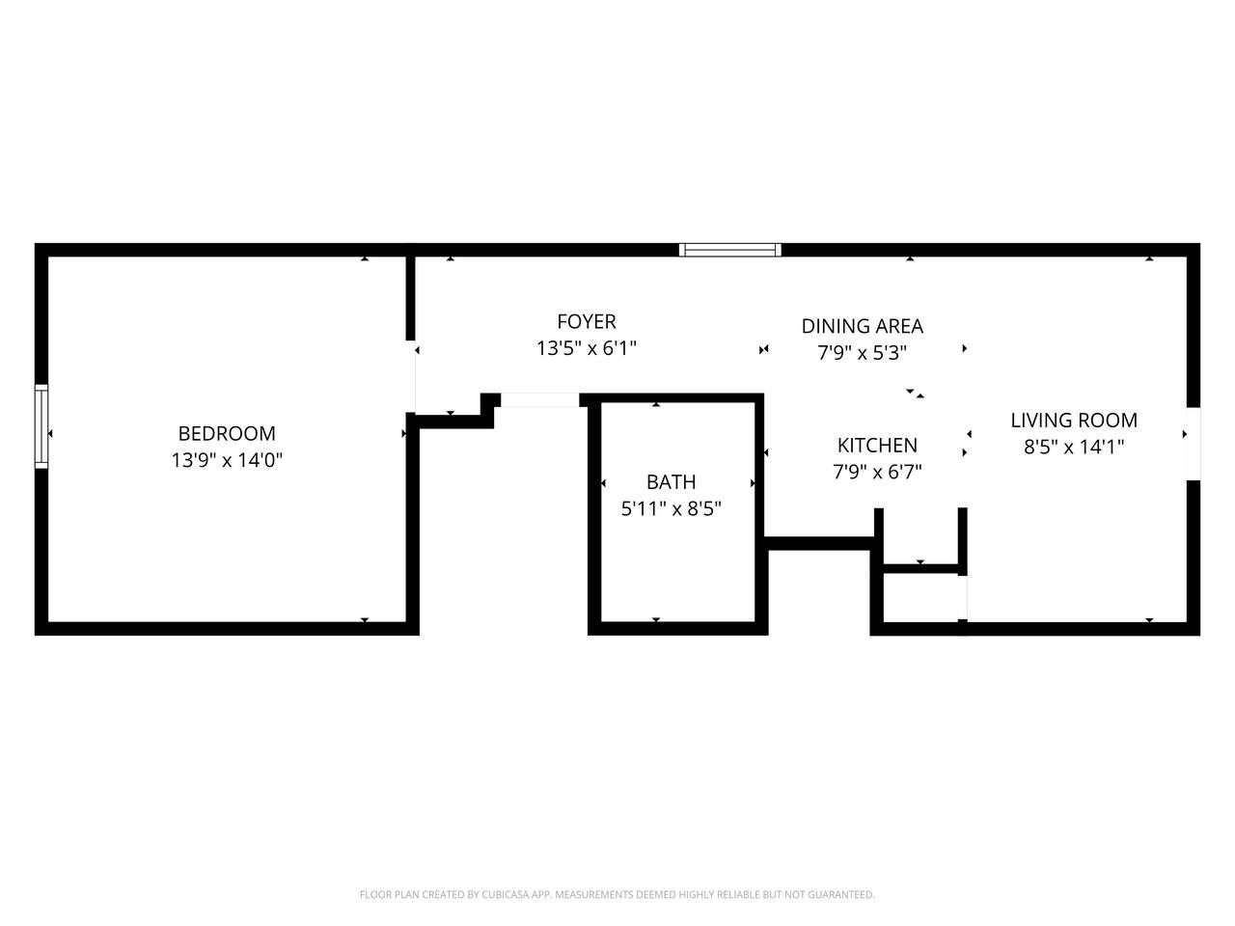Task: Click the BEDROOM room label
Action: coord(227,434)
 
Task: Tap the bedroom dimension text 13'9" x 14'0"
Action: coord(227,461)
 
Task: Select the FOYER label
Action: coord(586,322)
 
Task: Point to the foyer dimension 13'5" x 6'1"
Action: coord(586,348)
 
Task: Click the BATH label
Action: coord(671,482)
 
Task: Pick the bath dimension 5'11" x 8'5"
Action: coord(671,508)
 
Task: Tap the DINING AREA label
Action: coord(862,327)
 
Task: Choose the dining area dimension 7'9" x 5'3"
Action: coord(862,353)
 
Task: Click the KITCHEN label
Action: coord(877,446)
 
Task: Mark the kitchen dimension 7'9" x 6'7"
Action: coord(877,472)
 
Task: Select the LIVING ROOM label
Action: coord(1074,421)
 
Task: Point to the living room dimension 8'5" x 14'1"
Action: coord(1074,447)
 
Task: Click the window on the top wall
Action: coord(729,250)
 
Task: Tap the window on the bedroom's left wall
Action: coord(41,425)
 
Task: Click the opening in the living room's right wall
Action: coord(1194,443)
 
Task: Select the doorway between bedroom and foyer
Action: coord(412,376)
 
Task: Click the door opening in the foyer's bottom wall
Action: coord(539,400)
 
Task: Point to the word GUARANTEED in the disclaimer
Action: coord(840,895)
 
